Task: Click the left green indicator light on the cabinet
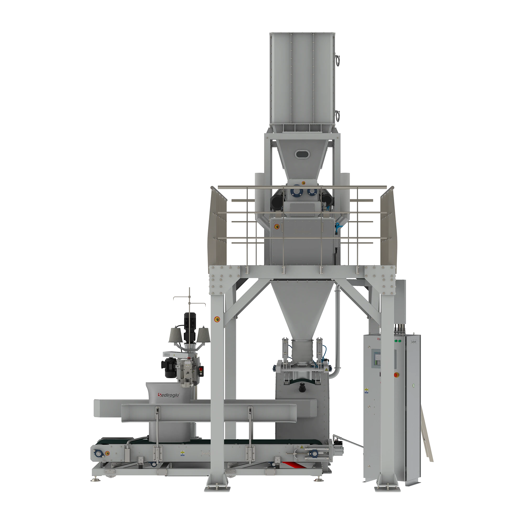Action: click(x=396, y=341)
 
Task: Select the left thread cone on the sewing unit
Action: click(x=176, y=334)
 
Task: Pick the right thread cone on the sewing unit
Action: click(x=203, y=334)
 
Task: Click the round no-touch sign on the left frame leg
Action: click(x=217, y=319)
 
